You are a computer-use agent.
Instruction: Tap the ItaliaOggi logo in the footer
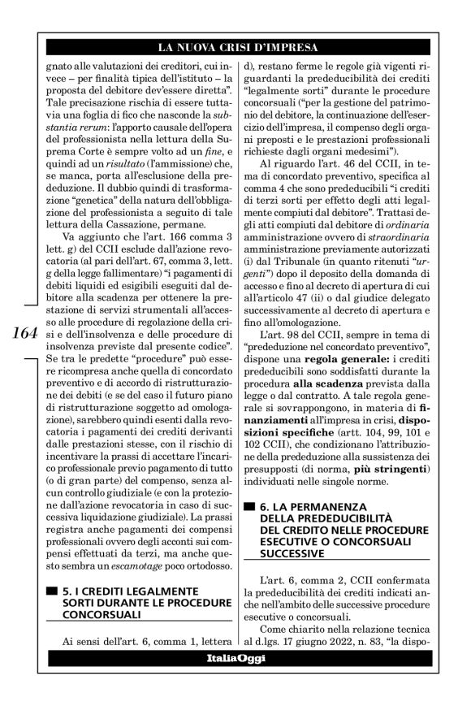235,691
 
